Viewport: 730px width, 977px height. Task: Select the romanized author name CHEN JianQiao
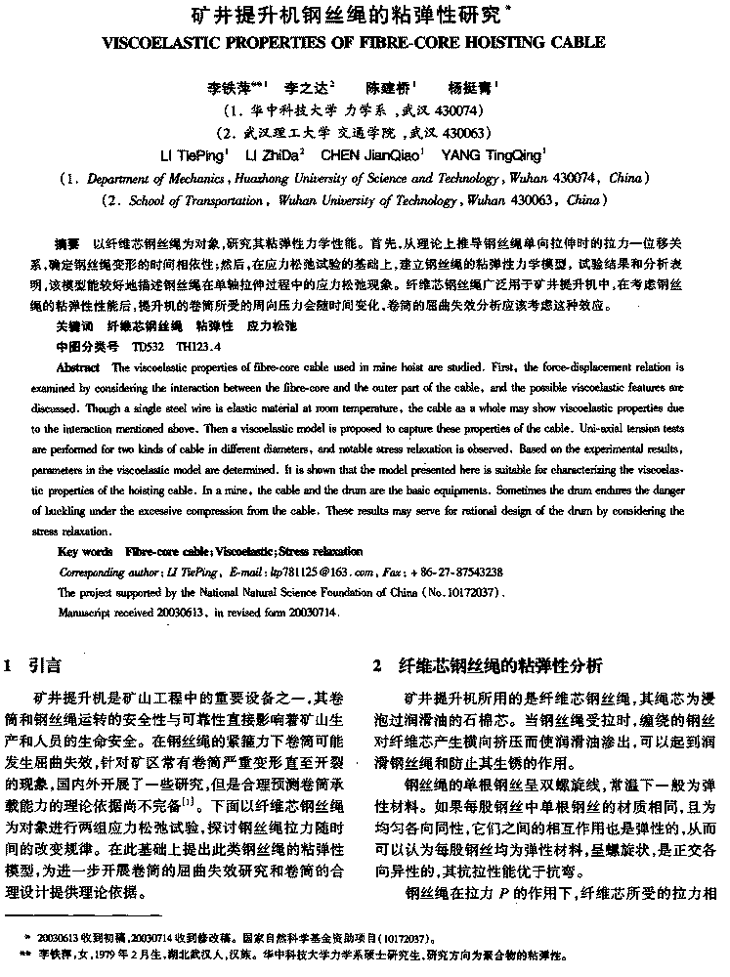[374, 154]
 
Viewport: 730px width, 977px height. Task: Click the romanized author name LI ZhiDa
[276, 154]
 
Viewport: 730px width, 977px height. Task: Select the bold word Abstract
[77, 367]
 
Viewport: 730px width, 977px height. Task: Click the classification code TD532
[147, 346]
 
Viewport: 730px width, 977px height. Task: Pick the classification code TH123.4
[198, 346]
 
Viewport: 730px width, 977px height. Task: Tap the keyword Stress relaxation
[320, 552]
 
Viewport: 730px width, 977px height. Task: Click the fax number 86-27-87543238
[463, 572]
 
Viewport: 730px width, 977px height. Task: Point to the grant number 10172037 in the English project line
[467, 592]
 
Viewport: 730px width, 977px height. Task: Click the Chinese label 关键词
[73, 325]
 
